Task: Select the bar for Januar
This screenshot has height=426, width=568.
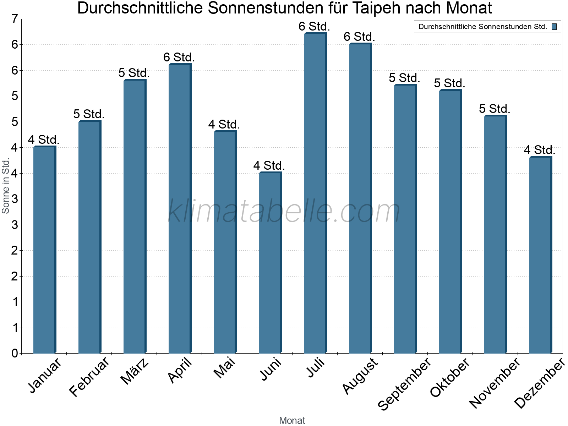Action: tap(44, 250)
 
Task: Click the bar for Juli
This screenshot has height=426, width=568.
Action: tap(315, 193)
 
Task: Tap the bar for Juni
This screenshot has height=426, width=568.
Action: tap(270, 263)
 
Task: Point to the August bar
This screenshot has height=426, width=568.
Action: tap(360, 198)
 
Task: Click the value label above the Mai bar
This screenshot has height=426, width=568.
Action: tap(224, 125)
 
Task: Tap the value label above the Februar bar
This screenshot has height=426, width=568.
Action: tap(89, 114)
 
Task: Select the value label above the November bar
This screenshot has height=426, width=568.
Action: tap(495, 109)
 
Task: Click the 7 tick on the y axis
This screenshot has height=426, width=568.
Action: tap(15, 19)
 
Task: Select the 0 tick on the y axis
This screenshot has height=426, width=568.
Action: tap(15, 353)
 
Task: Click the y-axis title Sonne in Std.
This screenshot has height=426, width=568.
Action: tap(6, 186)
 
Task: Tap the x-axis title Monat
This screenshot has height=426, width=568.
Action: tap(292, 420)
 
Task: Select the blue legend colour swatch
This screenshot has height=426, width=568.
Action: tap(554, 27)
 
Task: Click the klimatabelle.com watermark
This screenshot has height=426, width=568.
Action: tap(284, 211)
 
